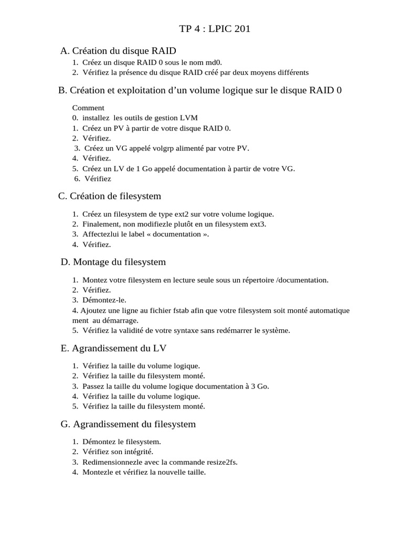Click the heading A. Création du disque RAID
click(x=118, y=51)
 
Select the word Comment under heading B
click(x=88, y=108)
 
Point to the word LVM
click(x=189, y=118)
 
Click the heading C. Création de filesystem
click(x=110, y=196)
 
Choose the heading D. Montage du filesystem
click(x=113, y=262)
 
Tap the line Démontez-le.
click(x=104, y=300)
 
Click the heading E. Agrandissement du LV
click(x=114, y=348)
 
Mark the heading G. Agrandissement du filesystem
click(x=128, y=424)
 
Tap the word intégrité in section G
click(x=139, y=452)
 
